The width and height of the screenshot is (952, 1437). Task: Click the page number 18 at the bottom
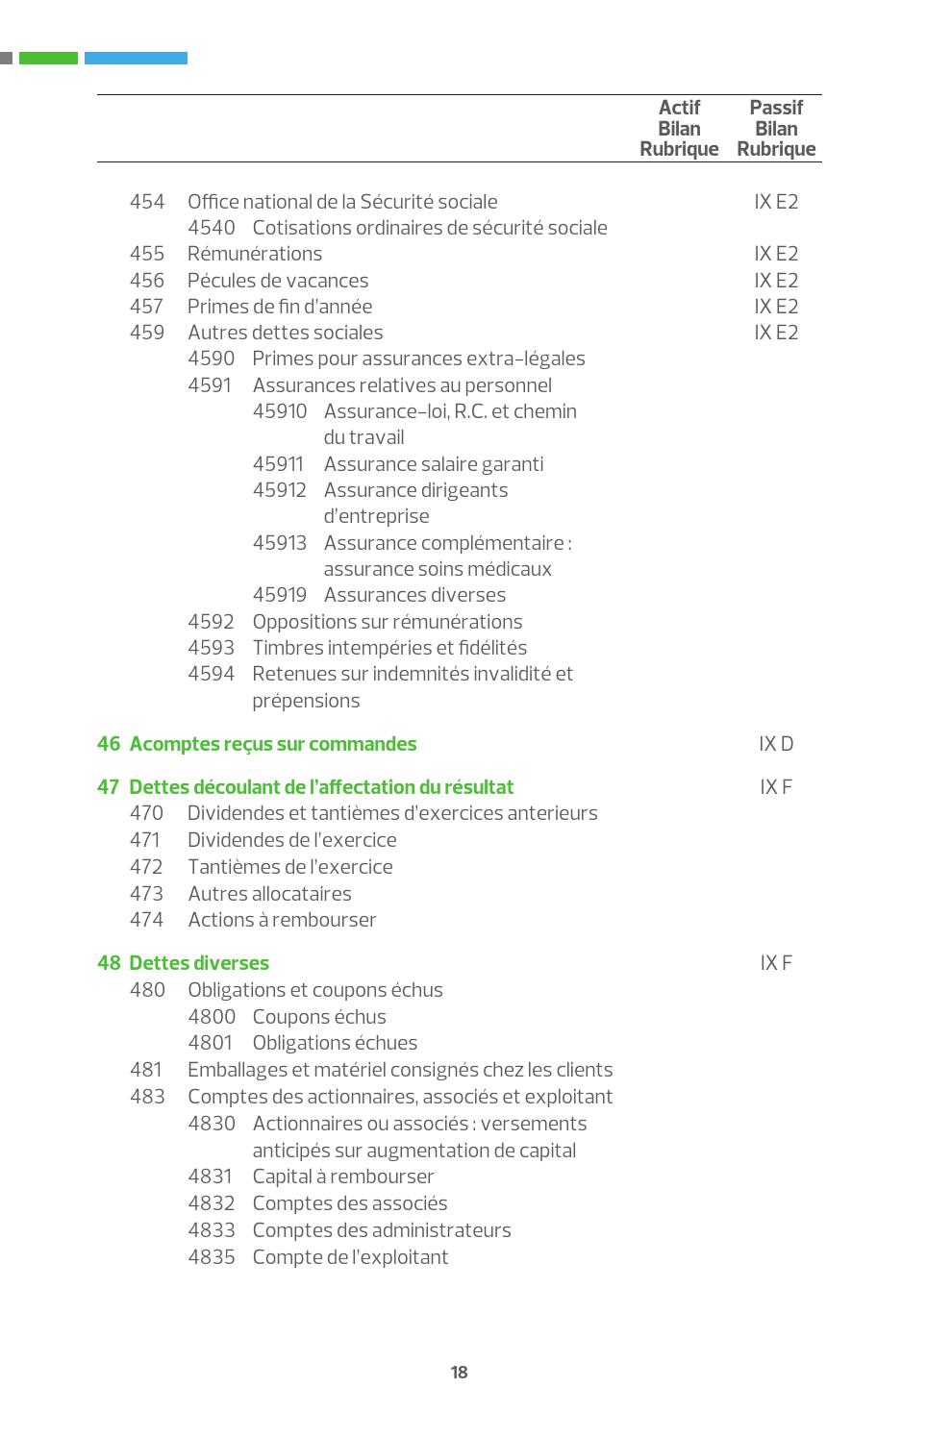click(x=459, y=1372)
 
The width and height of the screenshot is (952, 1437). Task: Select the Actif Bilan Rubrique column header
click(x=679, y=128)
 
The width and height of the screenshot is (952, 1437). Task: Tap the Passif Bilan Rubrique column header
click(x=776, y=128)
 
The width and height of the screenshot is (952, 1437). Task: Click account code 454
click(x=147, y=202)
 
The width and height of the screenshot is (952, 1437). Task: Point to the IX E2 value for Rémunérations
click(x=776, y=254)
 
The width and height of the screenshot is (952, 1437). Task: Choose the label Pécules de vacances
click(x=278, y=281)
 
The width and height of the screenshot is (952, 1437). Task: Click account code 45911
click(x=278, y=464)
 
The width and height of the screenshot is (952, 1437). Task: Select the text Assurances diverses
click(x=414, y=595)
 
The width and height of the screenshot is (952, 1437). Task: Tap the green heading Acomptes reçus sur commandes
click(x=272, y=744)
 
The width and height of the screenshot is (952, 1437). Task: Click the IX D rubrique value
click(x=776, y=744)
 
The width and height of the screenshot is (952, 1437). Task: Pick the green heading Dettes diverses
click(x=198, y=963)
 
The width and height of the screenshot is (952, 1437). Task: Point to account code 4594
click(x=211, y=674)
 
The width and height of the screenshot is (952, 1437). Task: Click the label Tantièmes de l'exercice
click(x=289, y=867)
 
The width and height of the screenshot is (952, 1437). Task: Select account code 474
click(x=146, y=920)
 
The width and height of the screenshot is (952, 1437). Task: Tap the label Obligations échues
click(x=335, y=1043)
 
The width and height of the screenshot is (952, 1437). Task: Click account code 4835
click(x=212, y=1257)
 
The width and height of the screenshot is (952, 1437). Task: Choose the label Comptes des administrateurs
click(x=382, y=1230)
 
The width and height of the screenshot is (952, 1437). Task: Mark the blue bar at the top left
click(x=136, y=59)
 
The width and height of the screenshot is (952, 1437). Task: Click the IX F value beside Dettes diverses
click(x=776, y=963)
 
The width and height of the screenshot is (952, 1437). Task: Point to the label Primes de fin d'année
click(x=280, y=307)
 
